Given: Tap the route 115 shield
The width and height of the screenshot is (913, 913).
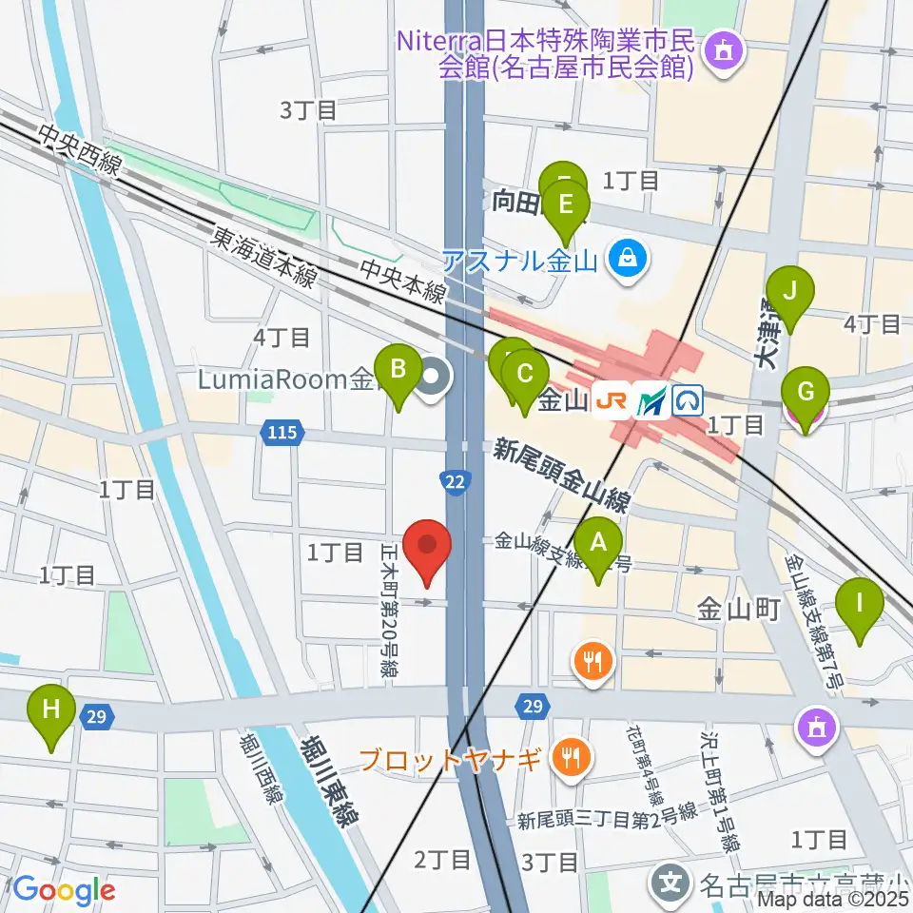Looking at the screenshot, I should coord(282,434).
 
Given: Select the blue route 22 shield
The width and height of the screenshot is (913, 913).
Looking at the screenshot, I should coord(456,482).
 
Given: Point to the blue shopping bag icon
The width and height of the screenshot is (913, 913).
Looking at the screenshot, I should coord(627,257).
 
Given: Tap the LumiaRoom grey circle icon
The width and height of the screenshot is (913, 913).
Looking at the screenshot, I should coord(434,378).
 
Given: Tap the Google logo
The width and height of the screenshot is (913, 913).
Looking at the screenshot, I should coord(64,890).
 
